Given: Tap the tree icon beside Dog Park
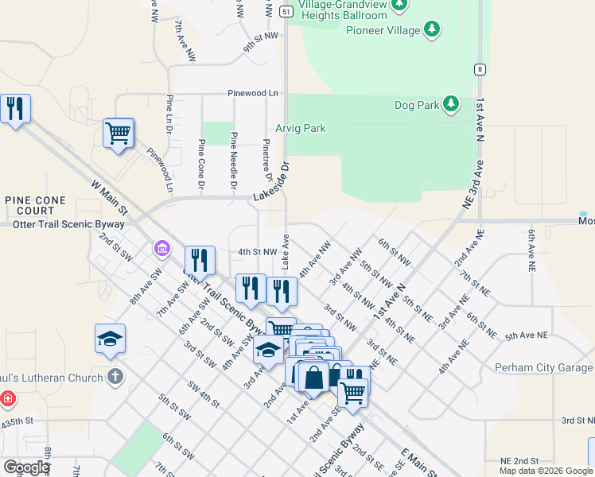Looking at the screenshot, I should (451, 104).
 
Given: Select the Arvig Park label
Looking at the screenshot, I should (300, 128).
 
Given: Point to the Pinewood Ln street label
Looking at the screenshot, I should (253, 93).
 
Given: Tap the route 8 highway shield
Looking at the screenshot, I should (480, 69).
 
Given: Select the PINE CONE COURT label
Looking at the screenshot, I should (29, 206).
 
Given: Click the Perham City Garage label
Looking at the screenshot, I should (543, 367).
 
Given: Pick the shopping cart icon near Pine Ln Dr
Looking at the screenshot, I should (119, 133).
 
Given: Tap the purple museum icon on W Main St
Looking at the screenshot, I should (162, 250).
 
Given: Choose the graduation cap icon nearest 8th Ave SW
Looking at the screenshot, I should (110, 339).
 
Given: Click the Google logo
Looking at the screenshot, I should (26, 467).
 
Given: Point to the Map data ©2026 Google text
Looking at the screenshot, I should (545, 471).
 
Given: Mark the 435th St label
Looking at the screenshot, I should (17, 421).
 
